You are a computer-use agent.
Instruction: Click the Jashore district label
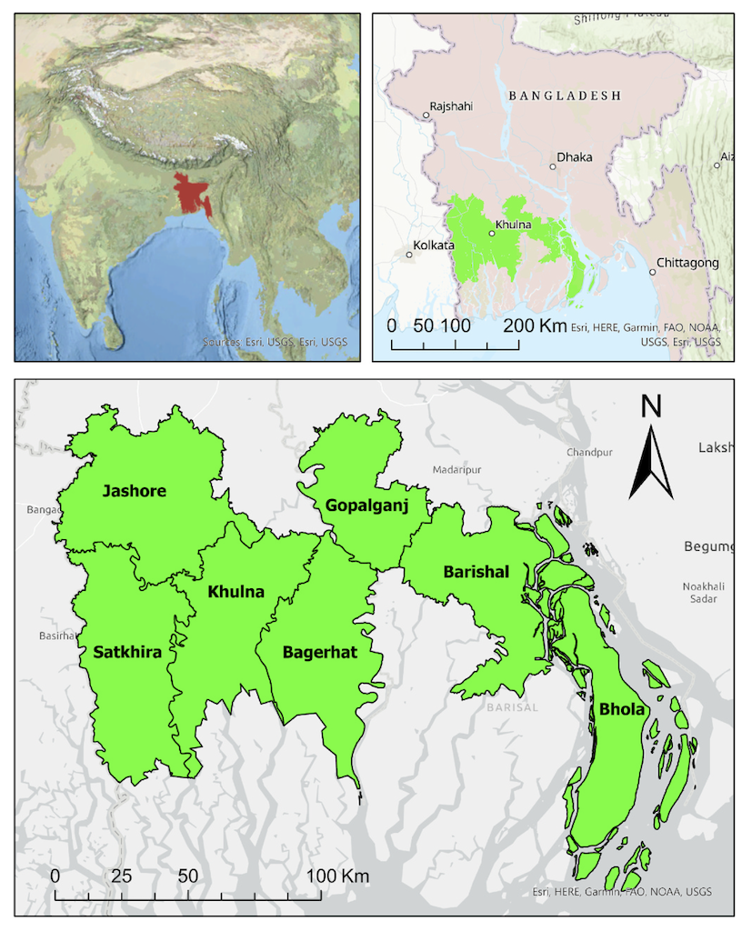pyautogui.click(x=135, y=491)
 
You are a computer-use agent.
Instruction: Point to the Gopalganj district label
pyautogui.click(x=367, y=505)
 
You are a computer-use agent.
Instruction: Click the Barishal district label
pyautogui.click(x=476, y=571)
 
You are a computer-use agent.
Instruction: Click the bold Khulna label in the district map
pyautogui.click(x=236, y=592)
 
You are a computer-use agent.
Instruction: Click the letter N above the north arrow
pyautogui.click(x=651, y=406)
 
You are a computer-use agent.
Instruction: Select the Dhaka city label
pyautogui.click(x=574, y=157)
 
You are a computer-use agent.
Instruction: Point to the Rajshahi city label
pyautogui.click(x=451, y=106)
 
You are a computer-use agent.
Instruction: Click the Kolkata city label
pyautogui.click(x=433, y=245)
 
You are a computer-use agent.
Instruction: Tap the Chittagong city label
pyautogui.click(x=689, y=263)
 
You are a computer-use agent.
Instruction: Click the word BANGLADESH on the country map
pyautogui.click(x=565, y=95)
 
